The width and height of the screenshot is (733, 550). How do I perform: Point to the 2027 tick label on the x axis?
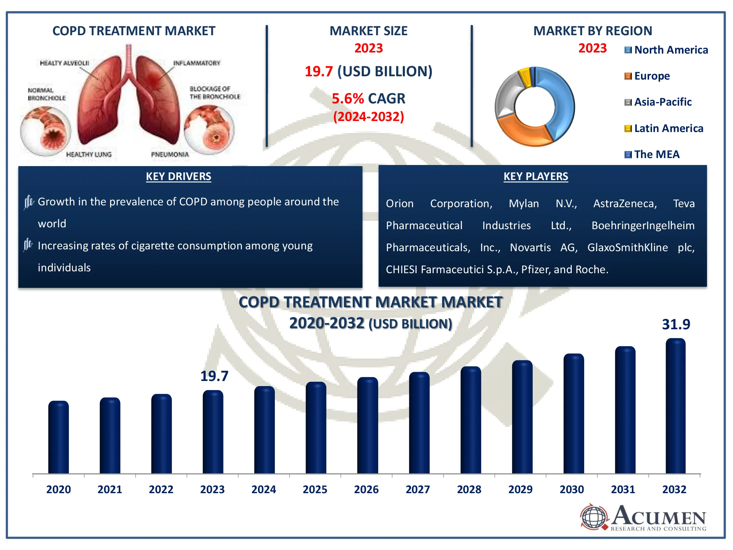point(417,489)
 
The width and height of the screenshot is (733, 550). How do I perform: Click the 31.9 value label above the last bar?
point(676,324)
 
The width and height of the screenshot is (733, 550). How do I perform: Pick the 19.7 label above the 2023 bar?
point(214,376)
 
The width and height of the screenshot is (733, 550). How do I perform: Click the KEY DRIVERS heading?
point(178,176)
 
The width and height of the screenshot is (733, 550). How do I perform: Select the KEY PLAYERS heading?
point(535,176)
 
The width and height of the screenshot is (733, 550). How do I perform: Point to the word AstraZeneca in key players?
point(625,203)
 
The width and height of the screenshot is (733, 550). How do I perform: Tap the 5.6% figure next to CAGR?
point(347,99)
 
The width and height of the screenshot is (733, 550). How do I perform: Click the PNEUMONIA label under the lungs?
point(170,155)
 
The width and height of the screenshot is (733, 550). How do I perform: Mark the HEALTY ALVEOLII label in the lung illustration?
point(65,63)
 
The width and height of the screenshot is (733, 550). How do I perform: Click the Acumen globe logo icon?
point(594,517)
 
